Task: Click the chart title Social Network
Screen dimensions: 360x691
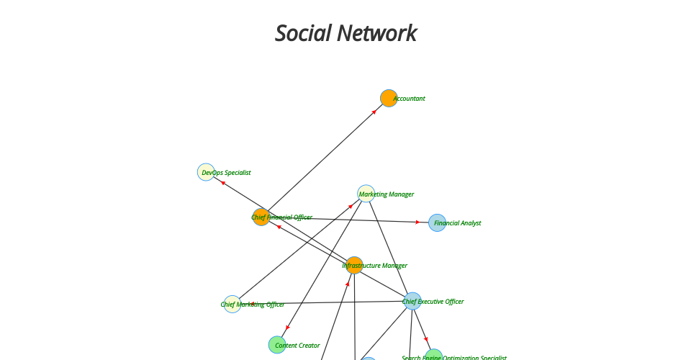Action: coord(345,33)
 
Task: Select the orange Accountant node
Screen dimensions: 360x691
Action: coord(389,98)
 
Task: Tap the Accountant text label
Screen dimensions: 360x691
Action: coord(410,99)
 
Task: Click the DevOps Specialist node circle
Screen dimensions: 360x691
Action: coord(206,172)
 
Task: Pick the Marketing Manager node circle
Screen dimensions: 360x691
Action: coord(366,193)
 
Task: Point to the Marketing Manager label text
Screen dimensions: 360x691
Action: coord(387,194)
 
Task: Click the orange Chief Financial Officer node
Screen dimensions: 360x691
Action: coord(261,217)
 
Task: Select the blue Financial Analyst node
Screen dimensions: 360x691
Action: coord(437,222)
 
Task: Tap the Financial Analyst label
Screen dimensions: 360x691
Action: coord(458,223)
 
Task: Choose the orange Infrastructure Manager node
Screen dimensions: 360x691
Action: coord(354,265)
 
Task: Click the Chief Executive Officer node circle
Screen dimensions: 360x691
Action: coord(412,301)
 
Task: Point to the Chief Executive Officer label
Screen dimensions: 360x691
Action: coord(434,302)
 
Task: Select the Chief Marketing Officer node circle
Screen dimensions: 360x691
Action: coord(232,304)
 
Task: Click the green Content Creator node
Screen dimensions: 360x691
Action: coord(277,345)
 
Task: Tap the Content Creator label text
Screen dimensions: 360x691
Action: coord(297,346)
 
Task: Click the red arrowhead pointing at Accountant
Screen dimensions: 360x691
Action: coord(374,112)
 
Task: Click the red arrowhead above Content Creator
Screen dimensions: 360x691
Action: coord(288,328)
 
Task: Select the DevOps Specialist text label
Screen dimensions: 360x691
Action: coord(227,173)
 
